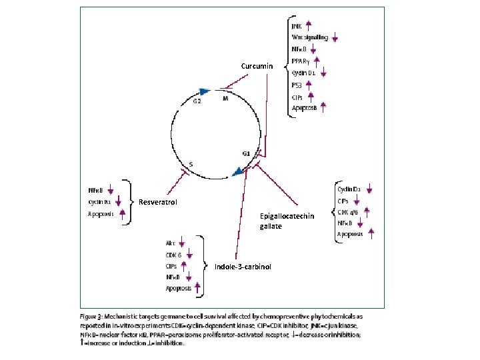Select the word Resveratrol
click(157, 202)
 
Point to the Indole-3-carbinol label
click(243, 267)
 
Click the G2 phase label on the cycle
click(197, 101)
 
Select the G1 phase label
click(246, 153)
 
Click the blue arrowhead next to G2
click(205, 92)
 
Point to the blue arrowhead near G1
click(238, 172)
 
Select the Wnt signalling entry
click(309, 37)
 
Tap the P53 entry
click(297, 85)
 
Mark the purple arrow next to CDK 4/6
click(365, 212)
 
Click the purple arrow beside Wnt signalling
click(335, 38)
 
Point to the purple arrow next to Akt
click(182, 243)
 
